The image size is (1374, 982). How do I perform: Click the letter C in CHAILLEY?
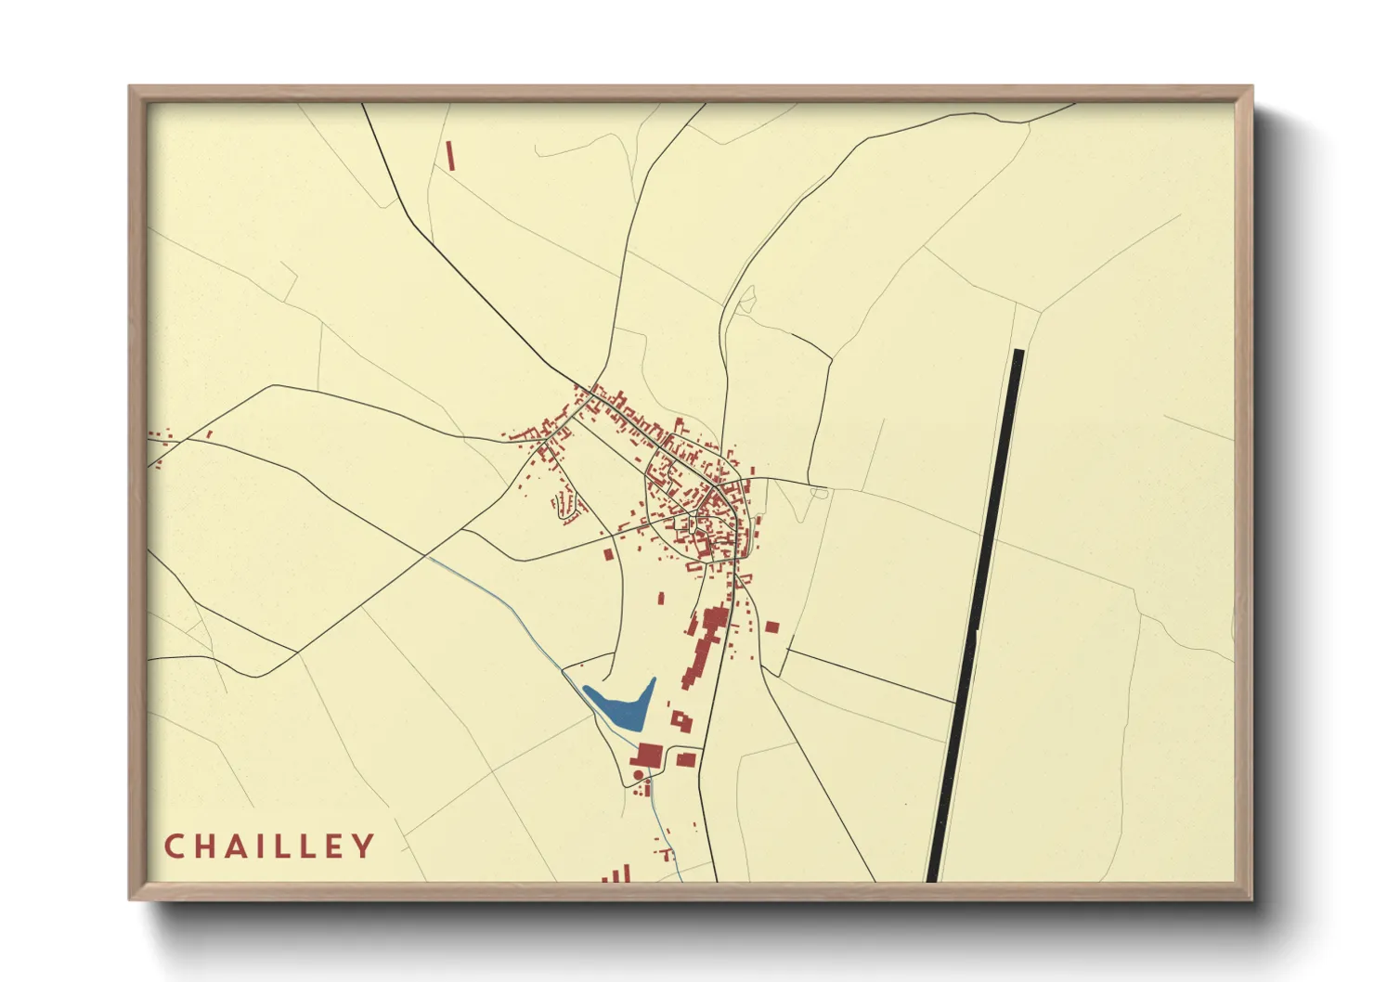coord(174,846)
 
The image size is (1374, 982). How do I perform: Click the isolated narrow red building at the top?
coord(451,155)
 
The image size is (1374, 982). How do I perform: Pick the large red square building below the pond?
coord(648,756)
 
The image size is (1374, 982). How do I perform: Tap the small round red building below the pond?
coord(638,775)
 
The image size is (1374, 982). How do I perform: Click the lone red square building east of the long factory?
coord(771,627)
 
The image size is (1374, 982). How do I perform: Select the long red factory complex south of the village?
coord(705,645)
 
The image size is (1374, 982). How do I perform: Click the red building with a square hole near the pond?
coord(682,721)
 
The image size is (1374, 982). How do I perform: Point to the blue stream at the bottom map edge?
coord(678,872)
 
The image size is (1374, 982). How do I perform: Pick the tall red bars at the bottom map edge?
coord(620,873)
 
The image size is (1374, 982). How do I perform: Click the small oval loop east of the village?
coord(819,493)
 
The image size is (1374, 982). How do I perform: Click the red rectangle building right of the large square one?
coord(686,760)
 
